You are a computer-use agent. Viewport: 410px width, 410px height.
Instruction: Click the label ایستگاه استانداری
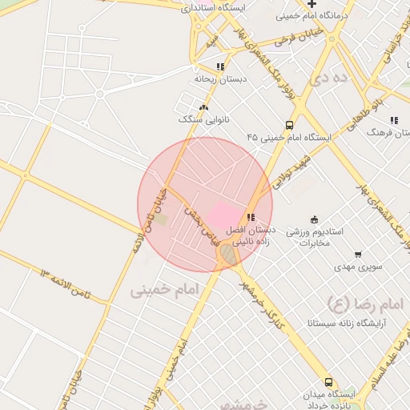213,8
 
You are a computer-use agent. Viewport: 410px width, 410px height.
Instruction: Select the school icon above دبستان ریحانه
220,66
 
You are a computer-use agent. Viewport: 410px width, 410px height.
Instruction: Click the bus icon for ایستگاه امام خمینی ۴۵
289,125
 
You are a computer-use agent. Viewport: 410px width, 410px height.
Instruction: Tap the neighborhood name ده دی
332,78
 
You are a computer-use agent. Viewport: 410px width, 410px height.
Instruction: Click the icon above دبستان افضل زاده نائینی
251,217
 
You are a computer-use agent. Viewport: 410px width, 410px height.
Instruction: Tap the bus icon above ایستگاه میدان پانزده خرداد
328,383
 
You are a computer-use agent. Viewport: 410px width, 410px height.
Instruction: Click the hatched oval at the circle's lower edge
228,255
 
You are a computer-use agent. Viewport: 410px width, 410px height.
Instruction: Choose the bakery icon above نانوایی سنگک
204,107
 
